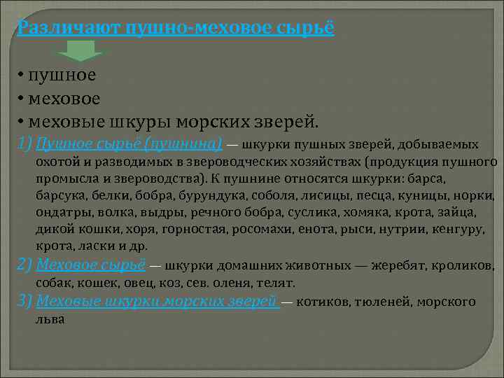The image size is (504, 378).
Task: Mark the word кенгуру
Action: click(449, 229)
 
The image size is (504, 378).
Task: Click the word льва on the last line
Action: click(50, 319)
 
